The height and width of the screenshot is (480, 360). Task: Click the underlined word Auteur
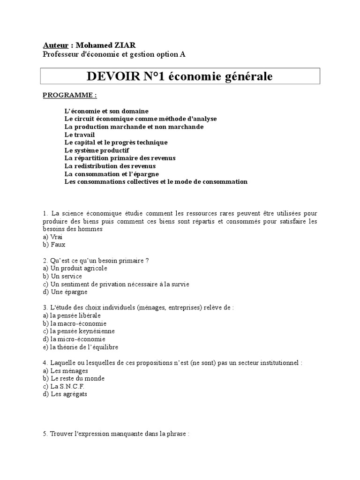(x=55, y=45)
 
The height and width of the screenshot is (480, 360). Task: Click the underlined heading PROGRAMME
(x=69, y=95)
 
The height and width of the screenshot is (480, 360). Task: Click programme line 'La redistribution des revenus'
(x=110, y=166)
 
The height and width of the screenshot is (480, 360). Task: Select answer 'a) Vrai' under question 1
(x=52, y=237)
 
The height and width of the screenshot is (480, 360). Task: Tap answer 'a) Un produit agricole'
(x=75, y=268)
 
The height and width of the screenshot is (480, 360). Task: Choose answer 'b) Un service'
(x=62, y=276)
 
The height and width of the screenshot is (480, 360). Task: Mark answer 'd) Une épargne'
(x=65, y=292)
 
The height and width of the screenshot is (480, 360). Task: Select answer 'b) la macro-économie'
(x=75, y=323)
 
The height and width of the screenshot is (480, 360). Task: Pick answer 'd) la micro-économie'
(x=74, y=339)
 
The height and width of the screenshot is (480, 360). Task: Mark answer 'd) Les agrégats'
(x=65, y=394)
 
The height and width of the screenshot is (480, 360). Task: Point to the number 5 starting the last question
(x=44, y=434)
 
